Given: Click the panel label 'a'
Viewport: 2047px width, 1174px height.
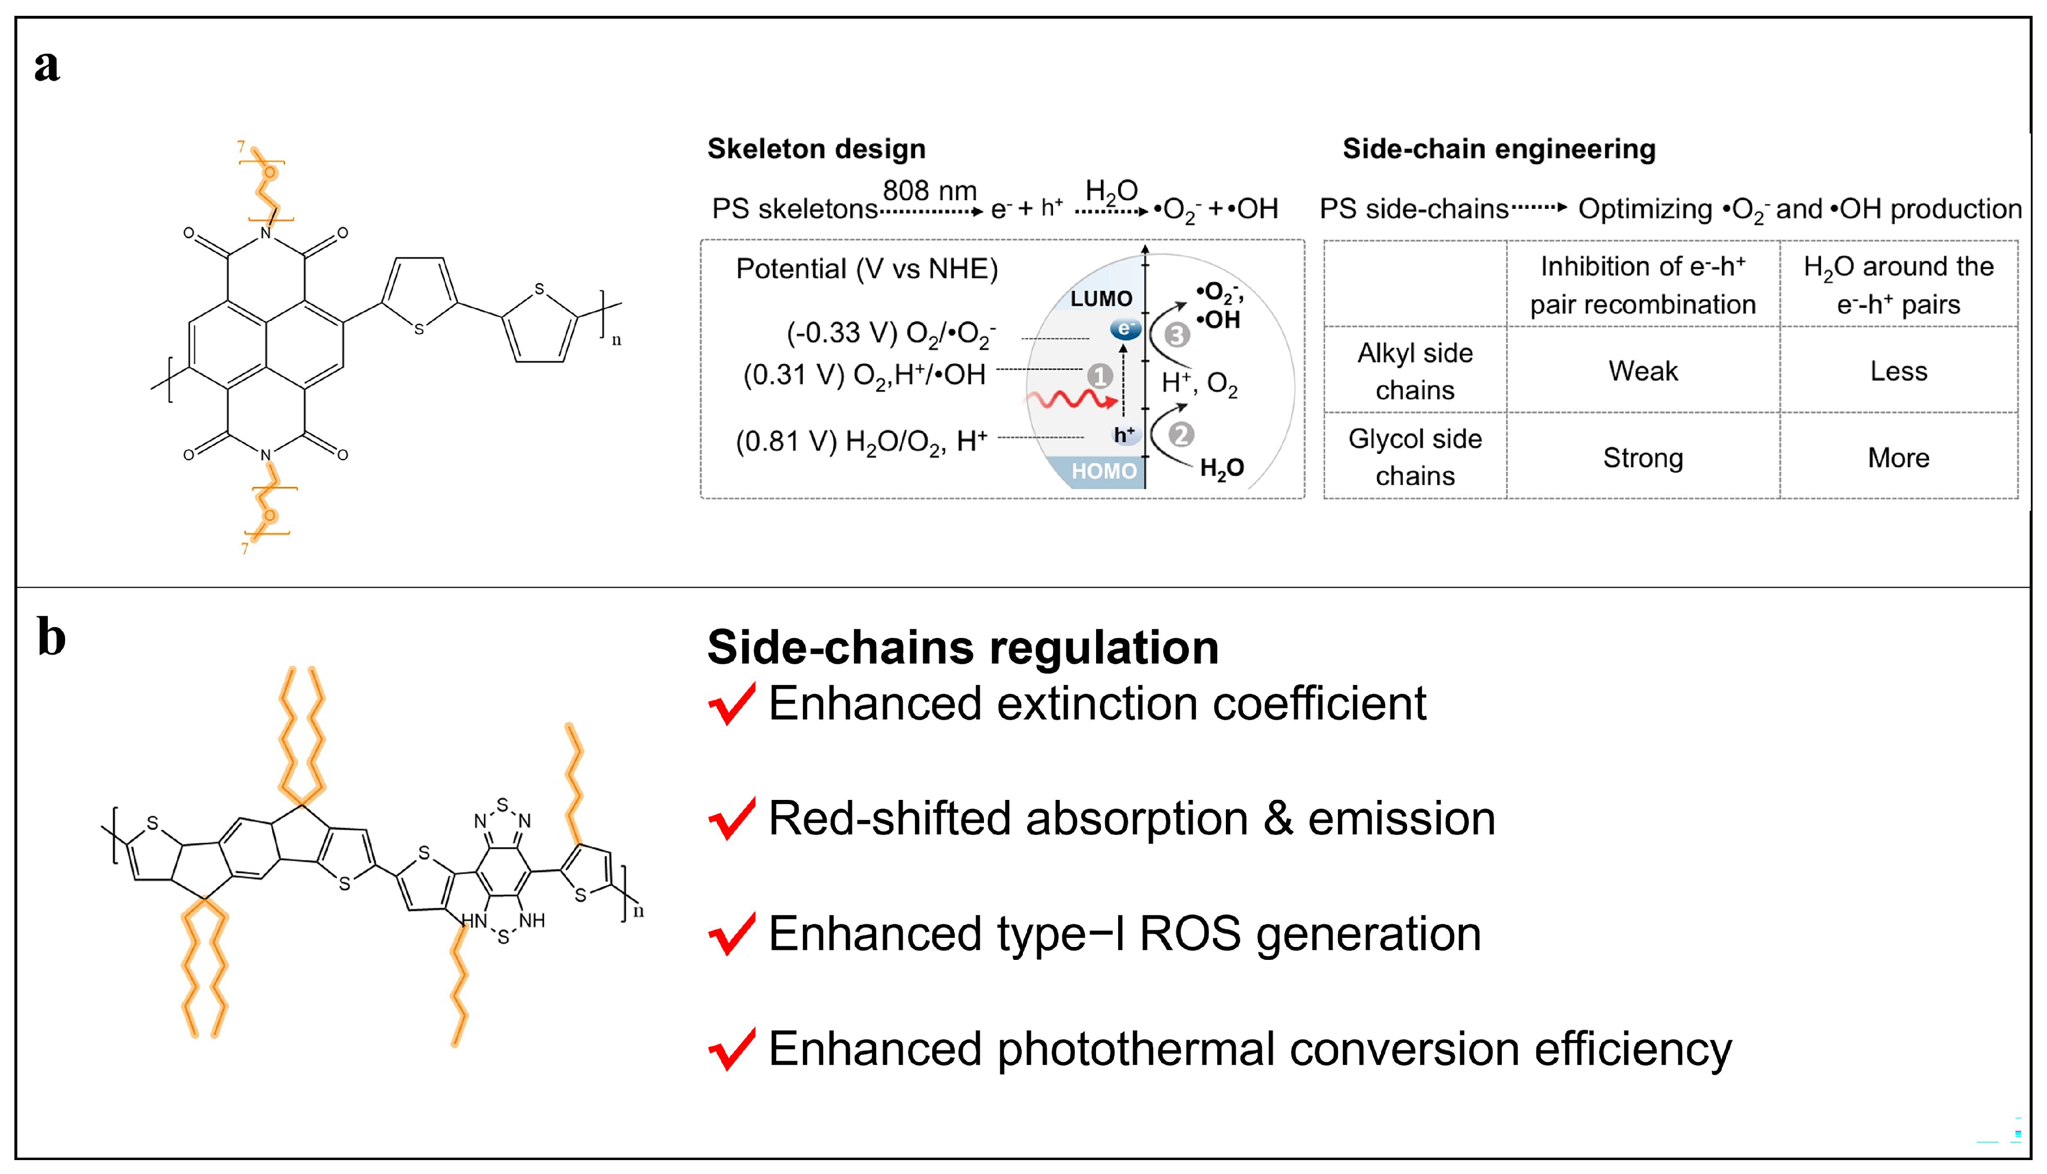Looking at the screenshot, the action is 47,66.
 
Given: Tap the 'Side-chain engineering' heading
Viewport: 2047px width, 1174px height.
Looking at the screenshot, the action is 1499,149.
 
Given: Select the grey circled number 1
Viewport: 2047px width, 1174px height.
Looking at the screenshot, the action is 1100,376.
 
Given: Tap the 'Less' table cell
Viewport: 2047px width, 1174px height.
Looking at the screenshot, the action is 1898,371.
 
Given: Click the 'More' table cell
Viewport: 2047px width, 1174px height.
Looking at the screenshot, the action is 1898,458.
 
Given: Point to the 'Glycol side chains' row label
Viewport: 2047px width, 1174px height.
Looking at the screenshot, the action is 1415,457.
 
